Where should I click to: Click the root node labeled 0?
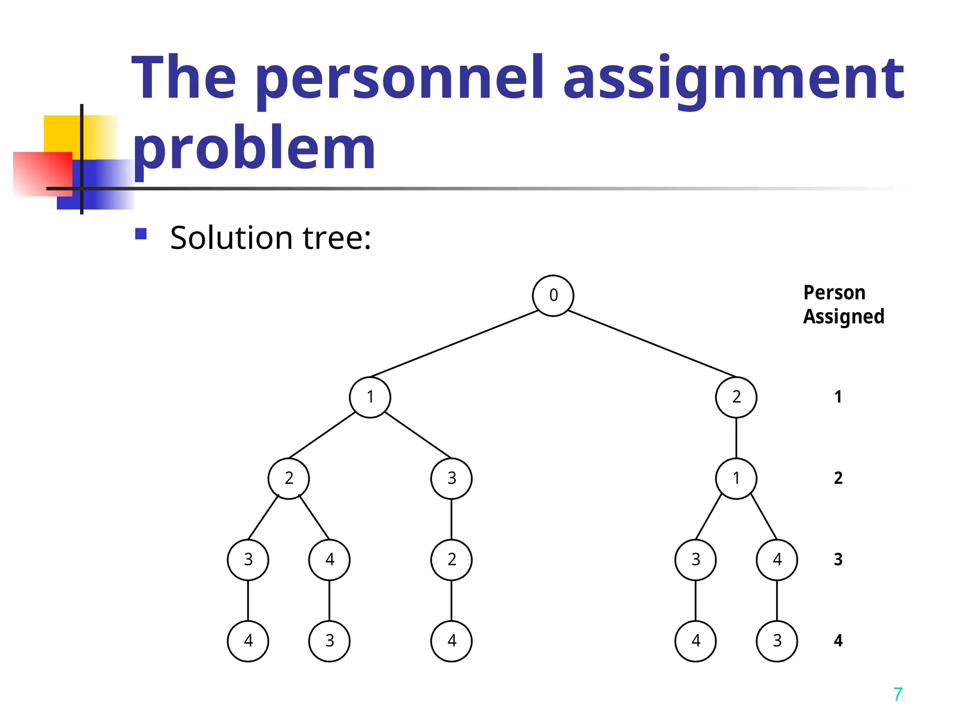553,295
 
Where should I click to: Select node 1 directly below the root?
370,397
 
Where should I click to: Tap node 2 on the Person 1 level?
736,397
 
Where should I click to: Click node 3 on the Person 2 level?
451,478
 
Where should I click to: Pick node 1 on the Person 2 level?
736,478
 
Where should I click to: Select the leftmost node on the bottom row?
248,641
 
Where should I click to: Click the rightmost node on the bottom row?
777,641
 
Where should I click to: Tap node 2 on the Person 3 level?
451,559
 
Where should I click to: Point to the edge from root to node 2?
652,344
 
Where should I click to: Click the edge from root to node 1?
454,344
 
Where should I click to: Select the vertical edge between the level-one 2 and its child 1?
736,438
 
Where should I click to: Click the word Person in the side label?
834,292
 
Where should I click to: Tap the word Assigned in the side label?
843,317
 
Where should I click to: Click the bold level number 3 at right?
838,559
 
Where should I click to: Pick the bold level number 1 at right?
838,397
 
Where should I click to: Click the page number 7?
898,694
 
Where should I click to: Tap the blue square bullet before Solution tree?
141,233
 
